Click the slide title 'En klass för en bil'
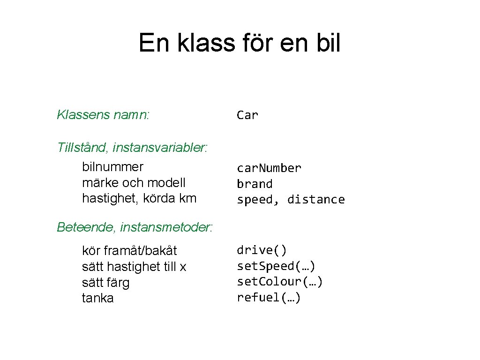tap(240, 43)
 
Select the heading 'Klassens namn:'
tap(103, 114)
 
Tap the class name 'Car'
tap(247, 115)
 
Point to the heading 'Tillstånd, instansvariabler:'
tap(132, 148)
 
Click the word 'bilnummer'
tap(112, 167)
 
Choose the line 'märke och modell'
tap(134, 182)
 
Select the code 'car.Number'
tap(269, 168)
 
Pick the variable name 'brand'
tap(255, 184)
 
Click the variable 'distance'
tap(316, 200)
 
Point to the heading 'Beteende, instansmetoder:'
tap(135, 227)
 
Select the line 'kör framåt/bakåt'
tap(129, 251)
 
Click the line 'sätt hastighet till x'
tap(134, 267)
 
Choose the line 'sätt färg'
tap(105, 283)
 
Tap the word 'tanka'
tap(97, 298)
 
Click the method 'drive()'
tap(262, 250)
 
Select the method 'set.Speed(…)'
tap(276, 266)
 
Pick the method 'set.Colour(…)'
tap(280, 282)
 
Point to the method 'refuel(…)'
tap(269, 298)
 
